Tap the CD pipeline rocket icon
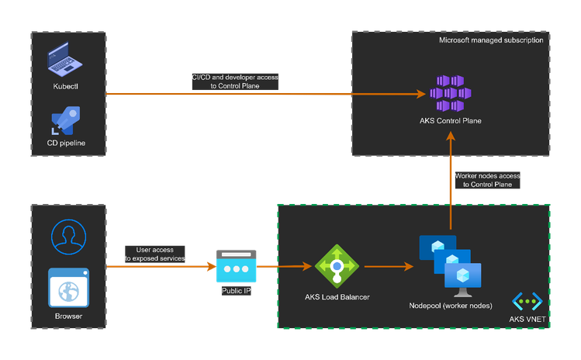click(67, 121)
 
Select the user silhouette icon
click(68, 236)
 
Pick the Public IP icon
click(237, 267)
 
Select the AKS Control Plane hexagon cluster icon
click(451, 92)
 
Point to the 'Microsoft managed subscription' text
click(491, 40)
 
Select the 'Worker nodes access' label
click(486, 180)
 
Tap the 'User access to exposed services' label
click(155, 254)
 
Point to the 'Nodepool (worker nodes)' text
click(451, 306)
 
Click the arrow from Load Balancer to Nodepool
click(388, 267)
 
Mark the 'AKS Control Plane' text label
click(451, 121)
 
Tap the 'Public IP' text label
click(237, 292)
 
